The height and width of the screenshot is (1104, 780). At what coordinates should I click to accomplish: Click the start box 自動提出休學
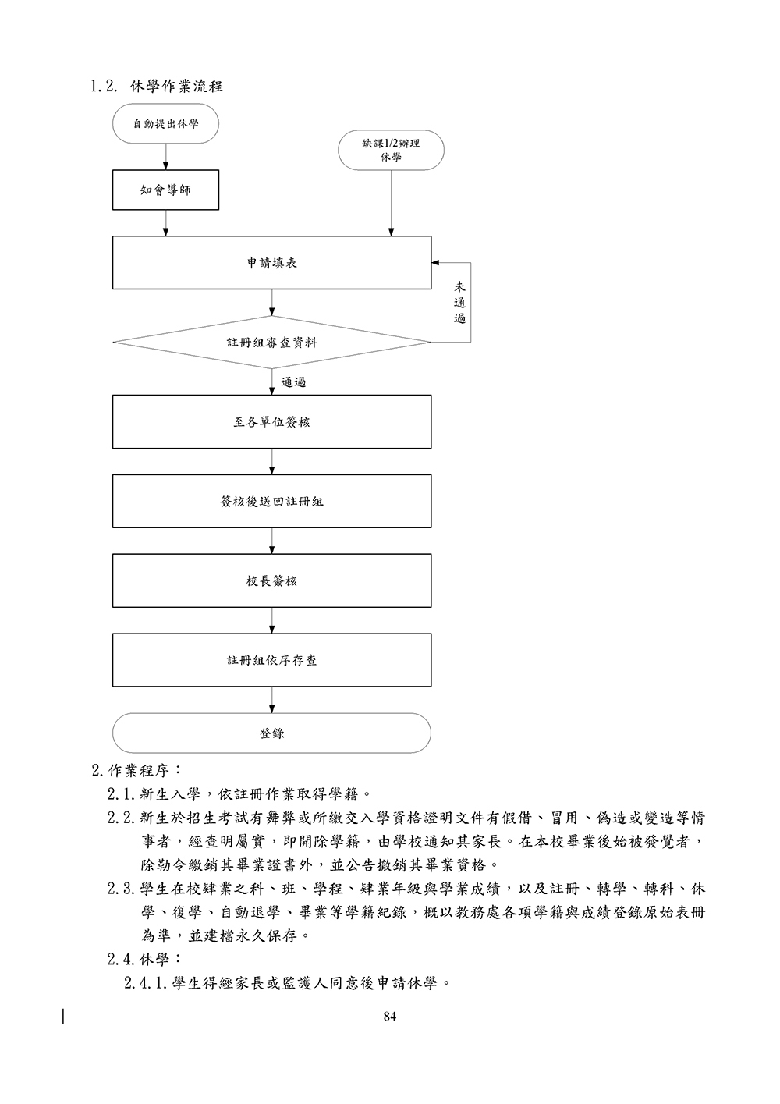pos(165,123)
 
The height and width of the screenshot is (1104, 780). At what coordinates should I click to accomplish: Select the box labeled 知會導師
pos(165,190)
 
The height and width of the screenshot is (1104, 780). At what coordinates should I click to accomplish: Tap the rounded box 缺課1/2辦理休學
pos(391,150)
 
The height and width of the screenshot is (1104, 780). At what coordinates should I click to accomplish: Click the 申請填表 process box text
pos(271,263)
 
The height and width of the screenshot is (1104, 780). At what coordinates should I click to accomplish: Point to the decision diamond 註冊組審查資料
pos(271,343)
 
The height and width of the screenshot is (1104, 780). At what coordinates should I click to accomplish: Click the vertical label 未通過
pos(459,303)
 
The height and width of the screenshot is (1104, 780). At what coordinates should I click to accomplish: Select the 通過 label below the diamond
pos(293,382)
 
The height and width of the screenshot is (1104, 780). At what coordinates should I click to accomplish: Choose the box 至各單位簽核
pos(271,422)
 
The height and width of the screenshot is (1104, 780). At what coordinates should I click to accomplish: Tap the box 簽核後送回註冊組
pos(271,502)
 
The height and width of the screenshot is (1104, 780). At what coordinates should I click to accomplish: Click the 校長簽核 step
pos(271,581)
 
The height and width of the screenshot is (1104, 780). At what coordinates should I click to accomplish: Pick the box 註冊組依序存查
pos(271,660)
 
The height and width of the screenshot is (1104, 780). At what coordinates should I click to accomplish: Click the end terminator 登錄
pos(271,733)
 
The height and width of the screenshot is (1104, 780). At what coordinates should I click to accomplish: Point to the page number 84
pos(391,1016)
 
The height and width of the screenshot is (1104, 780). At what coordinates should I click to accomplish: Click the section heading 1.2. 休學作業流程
pos(157,86)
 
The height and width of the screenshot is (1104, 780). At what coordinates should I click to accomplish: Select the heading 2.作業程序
pos(137,771)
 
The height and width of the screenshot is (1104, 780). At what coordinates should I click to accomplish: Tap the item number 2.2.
pos(122,818)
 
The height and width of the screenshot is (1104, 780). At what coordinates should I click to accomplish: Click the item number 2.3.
pos(122,889)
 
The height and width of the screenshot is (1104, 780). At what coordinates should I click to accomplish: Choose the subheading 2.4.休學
pos(145,959)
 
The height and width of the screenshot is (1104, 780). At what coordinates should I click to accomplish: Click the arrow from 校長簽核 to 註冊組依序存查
pos(271,620)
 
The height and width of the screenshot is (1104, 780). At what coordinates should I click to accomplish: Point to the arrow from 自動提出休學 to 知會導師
pos(165,156)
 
